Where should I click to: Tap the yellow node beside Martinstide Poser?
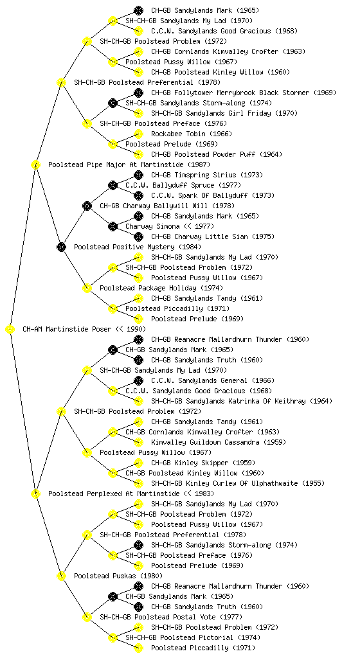[x=10, y=329]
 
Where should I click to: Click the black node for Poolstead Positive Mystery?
[x=61, y=247]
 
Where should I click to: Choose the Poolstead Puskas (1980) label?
[x=118, y=576]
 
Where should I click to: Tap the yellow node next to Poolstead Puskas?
[x=61, y=576]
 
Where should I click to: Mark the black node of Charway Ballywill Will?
[x=87, y=206]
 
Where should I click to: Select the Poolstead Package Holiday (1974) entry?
[x=161, y=288]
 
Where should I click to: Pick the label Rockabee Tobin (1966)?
[x=192, y=134]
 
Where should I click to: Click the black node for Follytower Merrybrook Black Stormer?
[x=138, y=93]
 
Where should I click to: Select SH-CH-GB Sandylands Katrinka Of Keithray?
[x=242, y=401]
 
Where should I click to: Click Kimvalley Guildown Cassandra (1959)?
[x=219, y=442]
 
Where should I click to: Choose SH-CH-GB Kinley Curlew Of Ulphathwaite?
[x=238, y=483]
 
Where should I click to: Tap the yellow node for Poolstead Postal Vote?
[x=87, y=617]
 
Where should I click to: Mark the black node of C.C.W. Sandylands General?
[x=138, y=380]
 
